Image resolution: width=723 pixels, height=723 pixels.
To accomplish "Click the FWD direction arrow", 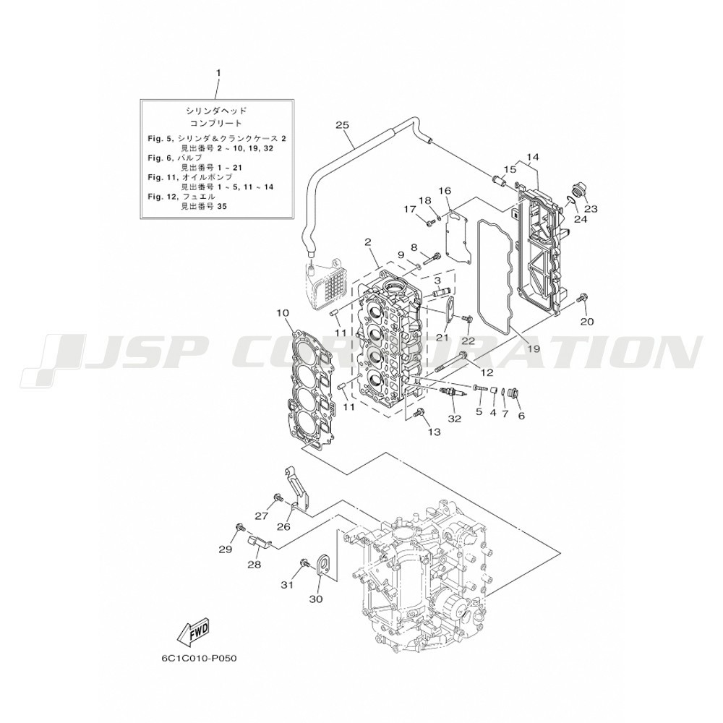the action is point(193,630).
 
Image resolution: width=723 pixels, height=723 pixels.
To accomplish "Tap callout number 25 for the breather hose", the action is point(343,125).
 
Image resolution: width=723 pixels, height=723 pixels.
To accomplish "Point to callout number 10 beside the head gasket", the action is point(283,314).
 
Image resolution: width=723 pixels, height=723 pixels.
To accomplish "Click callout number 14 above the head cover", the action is point(532,157).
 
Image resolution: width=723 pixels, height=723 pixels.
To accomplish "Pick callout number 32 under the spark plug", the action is point(454,419).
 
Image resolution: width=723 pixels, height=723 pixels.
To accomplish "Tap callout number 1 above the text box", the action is point(218,73).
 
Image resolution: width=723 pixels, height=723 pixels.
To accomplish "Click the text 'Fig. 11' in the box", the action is point(158,177).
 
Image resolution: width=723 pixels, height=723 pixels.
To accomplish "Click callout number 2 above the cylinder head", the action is point(367,242).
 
